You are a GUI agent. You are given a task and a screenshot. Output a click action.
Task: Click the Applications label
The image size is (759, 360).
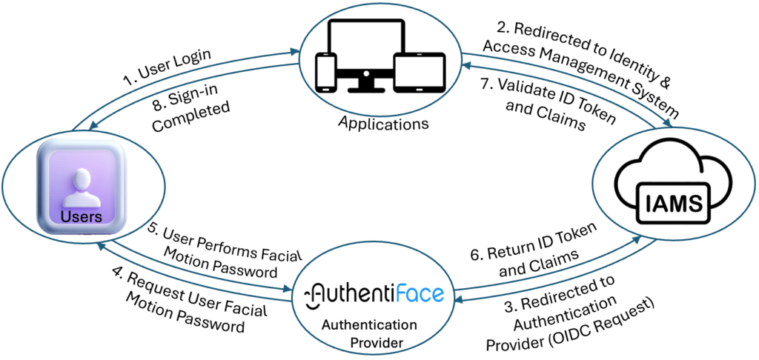pyautogui.click(x=383, y=123)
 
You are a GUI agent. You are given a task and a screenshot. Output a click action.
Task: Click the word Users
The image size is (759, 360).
pyautogui.click(x=82, y=216)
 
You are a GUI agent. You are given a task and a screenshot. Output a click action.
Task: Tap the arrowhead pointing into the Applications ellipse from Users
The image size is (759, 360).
pyautogui.click(x=294, y=52)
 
